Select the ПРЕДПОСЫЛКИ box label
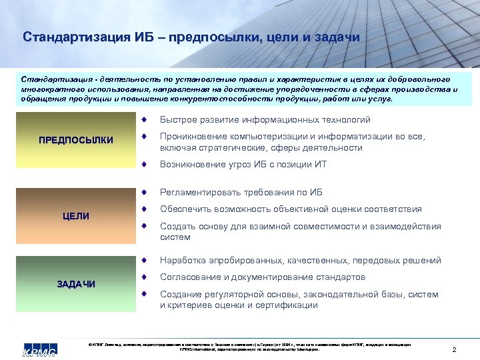pos(75,140)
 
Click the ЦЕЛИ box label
pos(75,216)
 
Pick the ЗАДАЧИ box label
pos(75,284)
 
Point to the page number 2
pos(454,350)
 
